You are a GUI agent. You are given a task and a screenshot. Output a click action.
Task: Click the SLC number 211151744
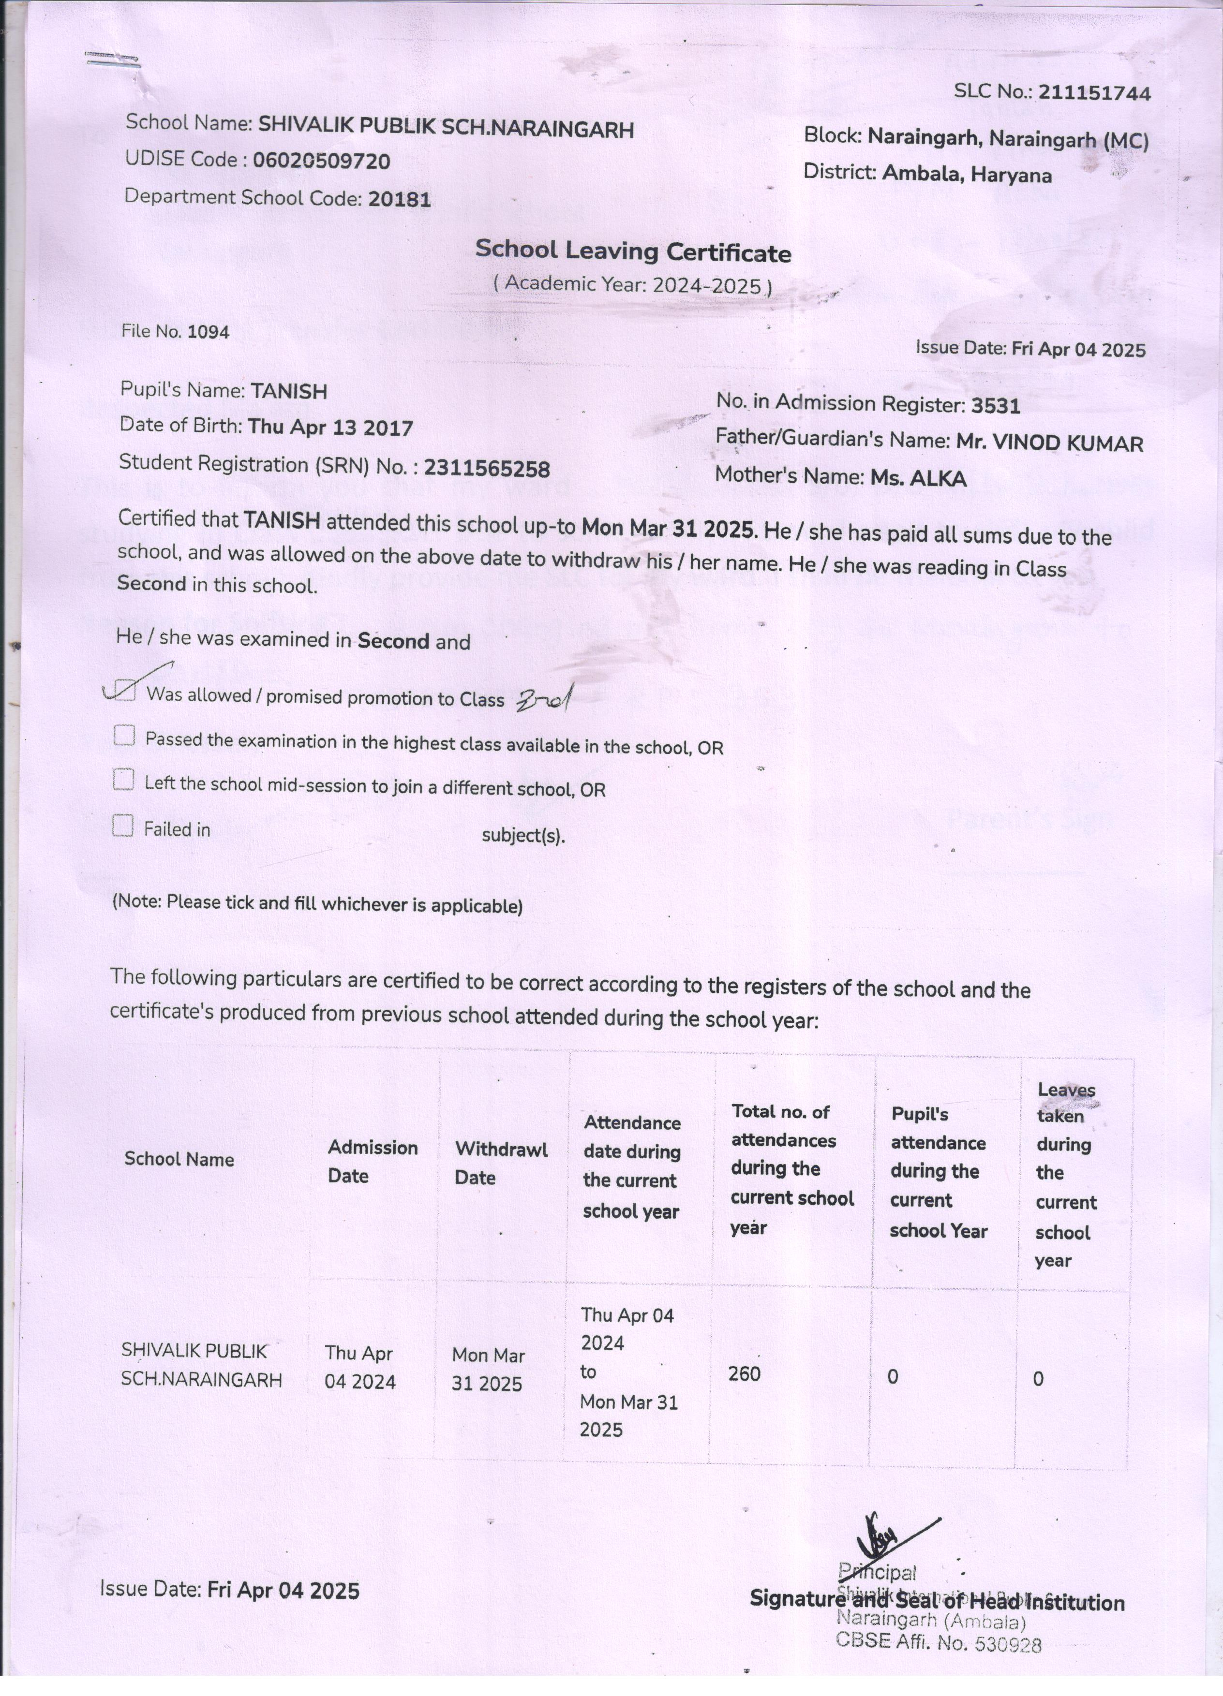[1094, 93]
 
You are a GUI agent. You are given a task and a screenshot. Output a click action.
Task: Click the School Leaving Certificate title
[633, 251]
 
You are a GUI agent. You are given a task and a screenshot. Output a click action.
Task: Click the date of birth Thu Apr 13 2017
[330, 428]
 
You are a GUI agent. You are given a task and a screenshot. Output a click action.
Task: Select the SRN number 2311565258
[487, 469]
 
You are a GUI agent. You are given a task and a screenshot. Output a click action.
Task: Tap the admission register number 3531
[996, 406]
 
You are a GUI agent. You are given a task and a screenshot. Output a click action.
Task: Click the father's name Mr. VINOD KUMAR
[1049, 443]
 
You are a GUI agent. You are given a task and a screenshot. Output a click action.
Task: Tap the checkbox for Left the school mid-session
[123, 781]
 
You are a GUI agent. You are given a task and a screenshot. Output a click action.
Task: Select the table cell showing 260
[744, 1374]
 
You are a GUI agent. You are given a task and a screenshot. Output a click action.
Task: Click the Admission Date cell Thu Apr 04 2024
[360, 1367]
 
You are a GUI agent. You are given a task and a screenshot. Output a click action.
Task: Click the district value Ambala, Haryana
[967, 175]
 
